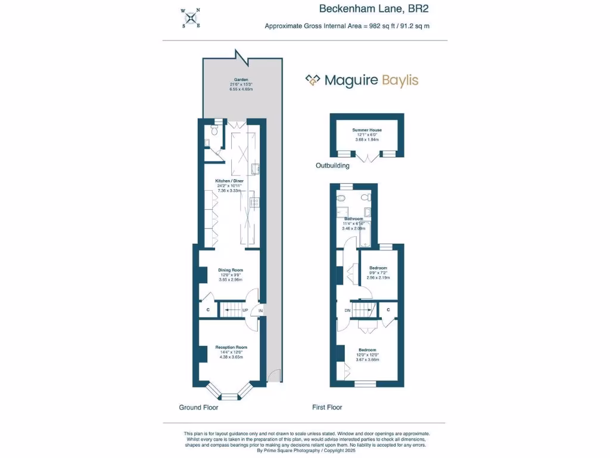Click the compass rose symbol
(x=191, y=17)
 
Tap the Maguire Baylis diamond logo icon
(x=313, y=81)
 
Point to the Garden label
(x=241, y=80)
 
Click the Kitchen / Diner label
(x=229, y=180)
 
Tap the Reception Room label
(x=231, y=347)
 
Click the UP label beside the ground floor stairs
(x=245, y=310)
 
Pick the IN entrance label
(x=260, y=311)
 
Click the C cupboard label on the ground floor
(x=208, y=310)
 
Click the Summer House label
(x=366, y=129)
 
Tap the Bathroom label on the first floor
(x=353, y=219)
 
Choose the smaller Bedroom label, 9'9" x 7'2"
(x=378, y=268)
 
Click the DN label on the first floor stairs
(x=347, y=310)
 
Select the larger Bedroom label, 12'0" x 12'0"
(x=367, y=350)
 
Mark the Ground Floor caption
(x=198, y=408)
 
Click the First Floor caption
(x=327, y=408)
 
